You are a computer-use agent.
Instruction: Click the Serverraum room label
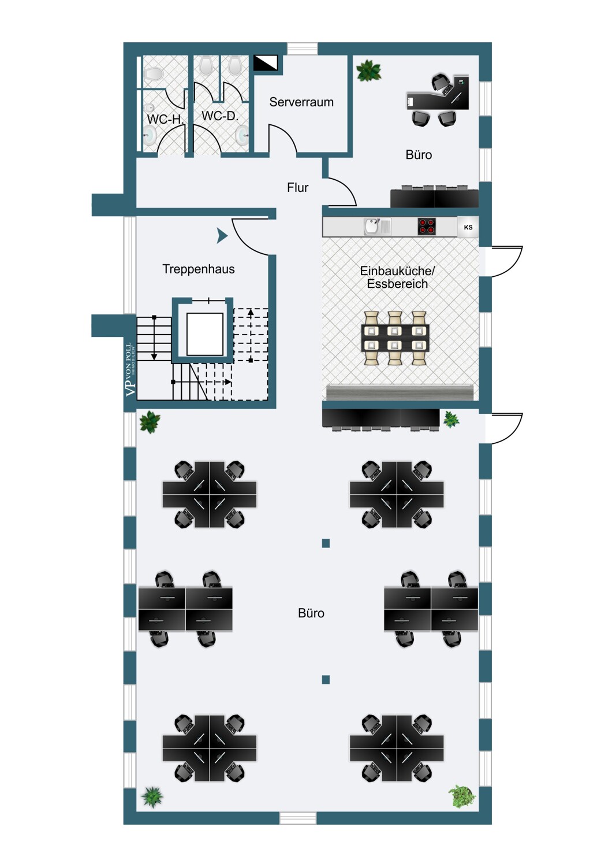coord(301,102)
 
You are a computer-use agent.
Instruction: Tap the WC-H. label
coord(165,119)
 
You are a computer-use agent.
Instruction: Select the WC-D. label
coord(219,116)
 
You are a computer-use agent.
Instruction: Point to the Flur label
coord(297,188)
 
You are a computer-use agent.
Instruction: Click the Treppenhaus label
coord(199,269)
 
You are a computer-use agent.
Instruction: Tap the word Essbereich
coord(397,284)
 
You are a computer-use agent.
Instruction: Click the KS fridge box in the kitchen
coord(468,227)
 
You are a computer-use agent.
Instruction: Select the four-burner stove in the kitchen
coord(427,227)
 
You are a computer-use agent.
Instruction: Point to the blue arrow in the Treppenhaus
coord(222,236)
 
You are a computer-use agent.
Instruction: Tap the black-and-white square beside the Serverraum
coord(266,63)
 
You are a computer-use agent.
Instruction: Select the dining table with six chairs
coord(395,338)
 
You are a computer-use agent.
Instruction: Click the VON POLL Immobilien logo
coord(130,370)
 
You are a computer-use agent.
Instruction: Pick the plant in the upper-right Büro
coord(368,71)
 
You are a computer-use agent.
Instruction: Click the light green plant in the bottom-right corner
coord(462,796)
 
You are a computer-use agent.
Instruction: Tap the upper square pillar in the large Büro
coord(326,543)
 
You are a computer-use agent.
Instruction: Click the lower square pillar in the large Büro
coord(326,680)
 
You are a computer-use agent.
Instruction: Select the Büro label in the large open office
coord(311,613)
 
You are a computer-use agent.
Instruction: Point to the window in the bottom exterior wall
coord(298,818)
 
